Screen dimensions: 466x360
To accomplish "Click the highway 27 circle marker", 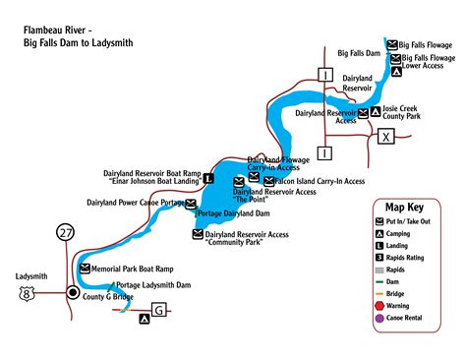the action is pyautogui.click(x=66, y=232).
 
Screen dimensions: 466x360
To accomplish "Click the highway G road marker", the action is pyautogui.click(x=159, y=311).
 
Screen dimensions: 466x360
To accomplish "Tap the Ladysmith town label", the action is pyautogui.click(x=31, y=276).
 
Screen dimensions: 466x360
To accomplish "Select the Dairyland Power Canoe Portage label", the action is pyautogui.click(x=136, y=203).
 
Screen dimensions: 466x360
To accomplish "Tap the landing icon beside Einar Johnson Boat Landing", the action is pyautogui.click(x=208, y=179).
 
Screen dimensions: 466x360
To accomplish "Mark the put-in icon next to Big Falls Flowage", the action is pyautogui.click(x=392, y=45).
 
